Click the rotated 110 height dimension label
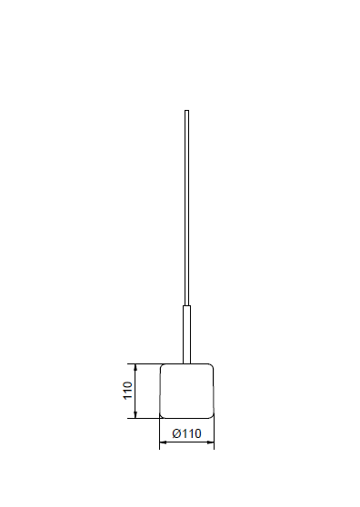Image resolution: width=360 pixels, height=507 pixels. coord(128,391)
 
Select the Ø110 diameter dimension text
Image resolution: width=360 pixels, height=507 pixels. coord(186,433)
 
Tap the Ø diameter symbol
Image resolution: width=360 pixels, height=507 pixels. coord(176,433)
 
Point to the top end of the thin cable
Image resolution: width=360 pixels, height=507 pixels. coord(186,111)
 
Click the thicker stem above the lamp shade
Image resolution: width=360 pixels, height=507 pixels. coord(186,334)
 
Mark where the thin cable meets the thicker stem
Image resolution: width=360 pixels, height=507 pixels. coord(186,305)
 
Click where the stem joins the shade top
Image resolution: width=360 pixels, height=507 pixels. coord(186,363)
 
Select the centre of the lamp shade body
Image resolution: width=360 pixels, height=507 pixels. coord(186,391)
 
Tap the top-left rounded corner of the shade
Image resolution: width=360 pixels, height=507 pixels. coord(162,365)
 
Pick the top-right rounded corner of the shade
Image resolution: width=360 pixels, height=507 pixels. coord(212,365)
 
